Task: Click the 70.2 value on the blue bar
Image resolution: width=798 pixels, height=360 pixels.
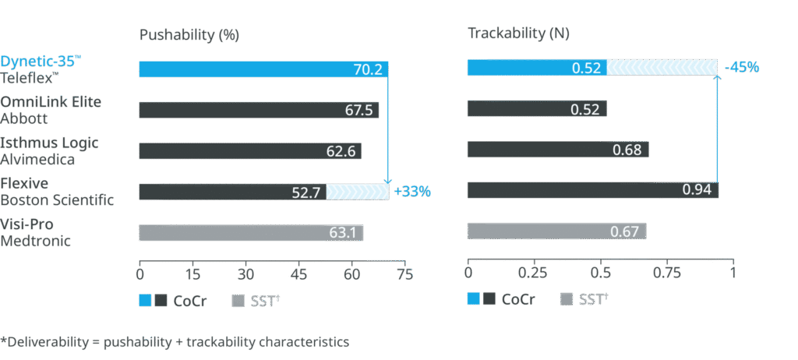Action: point(367,69)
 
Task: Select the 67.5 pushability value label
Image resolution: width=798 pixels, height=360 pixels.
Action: point(358,110)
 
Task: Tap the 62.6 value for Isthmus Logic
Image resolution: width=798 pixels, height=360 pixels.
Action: point(341,150)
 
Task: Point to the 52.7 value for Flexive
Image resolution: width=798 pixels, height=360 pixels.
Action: point(305,192)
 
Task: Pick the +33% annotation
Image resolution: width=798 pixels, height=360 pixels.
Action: point(412,191)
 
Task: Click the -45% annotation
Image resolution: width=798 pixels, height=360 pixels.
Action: point(741,68)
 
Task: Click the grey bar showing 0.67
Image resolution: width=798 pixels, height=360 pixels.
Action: point(556,231)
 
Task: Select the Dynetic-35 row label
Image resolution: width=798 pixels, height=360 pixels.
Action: point(38,61)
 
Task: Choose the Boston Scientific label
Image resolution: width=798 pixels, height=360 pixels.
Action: point(57,199)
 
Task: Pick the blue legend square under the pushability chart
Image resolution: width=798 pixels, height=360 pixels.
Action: point(145,301)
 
